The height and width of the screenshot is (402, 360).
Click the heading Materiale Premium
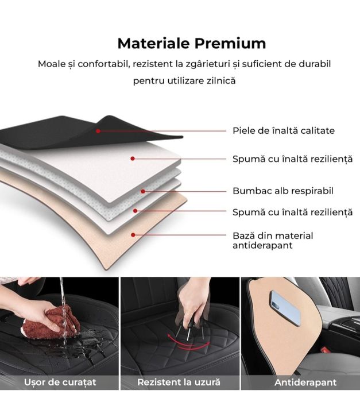(192, 44)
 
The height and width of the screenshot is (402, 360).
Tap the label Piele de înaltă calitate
(283, 131)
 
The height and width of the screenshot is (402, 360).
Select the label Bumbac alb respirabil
(282, 191)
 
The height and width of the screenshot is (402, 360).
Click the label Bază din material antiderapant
(273, 240)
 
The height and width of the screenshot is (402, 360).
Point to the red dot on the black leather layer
(98, 131)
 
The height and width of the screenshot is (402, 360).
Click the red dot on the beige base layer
(133, 234)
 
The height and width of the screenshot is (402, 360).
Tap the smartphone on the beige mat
(285, 307)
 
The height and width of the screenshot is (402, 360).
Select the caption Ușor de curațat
(60, 382)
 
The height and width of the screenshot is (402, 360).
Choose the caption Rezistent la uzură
(179, 382)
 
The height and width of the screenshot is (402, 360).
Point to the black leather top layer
(63, 130)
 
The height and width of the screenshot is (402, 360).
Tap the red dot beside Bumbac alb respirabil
(143, 191)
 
